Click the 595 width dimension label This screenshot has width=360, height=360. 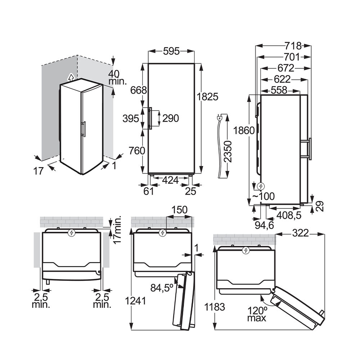point(171,51)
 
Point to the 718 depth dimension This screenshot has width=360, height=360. point(292,46)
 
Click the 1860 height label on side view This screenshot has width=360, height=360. point(244,130)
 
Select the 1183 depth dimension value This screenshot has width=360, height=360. point(215,307)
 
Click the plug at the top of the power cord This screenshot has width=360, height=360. point(220,118)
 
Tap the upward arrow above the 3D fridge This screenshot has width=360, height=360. point(71,77)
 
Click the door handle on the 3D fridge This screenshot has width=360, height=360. point(84,129)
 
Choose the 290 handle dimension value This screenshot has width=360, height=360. point(170,118)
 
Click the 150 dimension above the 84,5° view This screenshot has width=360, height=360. point(179,209)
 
